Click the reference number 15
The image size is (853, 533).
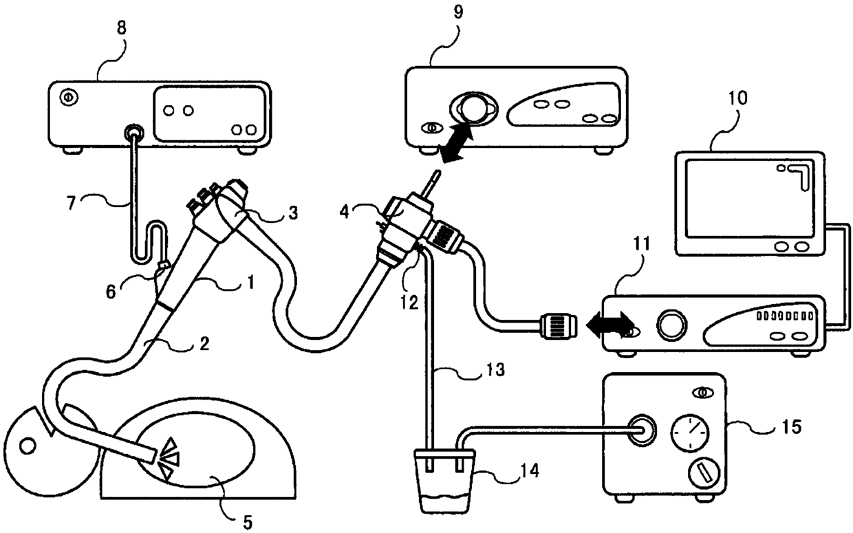(790, 427)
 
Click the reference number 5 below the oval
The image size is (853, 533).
(248, 521)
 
